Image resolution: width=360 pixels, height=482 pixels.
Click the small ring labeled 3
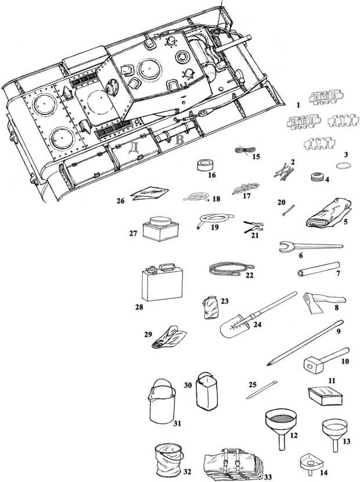click(345, 165)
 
